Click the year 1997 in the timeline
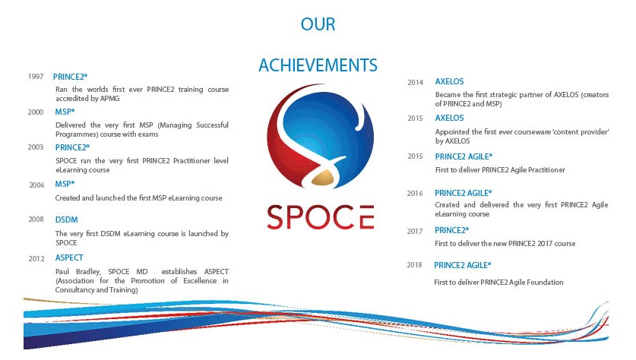35,77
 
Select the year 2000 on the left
35,112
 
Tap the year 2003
35,147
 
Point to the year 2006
36,185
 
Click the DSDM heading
65,219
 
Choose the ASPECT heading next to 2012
69,258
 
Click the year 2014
415,82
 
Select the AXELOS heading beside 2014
449,81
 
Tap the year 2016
415,194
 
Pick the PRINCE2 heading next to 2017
451,230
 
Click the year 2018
415,266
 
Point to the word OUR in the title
318,25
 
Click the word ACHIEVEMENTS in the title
318,65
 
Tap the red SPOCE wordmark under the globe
320,217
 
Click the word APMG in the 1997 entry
110,98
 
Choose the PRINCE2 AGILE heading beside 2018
462,265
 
